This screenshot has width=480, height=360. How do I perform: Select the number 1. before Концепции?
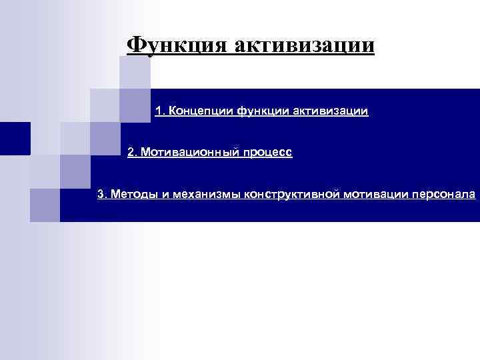click(x=160, y=110)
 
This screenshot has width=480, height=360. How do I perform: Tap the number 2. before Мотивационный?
click(x=132, y=153)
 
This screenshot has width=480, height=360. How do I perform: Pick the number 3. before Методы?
click(x=102, y=195)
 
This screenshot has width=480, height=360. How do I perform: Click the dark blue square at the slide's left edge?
click(x=15, y=139)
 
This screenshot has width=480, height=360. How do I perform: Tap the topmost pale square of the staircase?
click(x=135, y=73)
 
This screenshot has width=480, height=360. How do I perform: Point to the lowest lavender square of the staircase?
click(x=45, y=205)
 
